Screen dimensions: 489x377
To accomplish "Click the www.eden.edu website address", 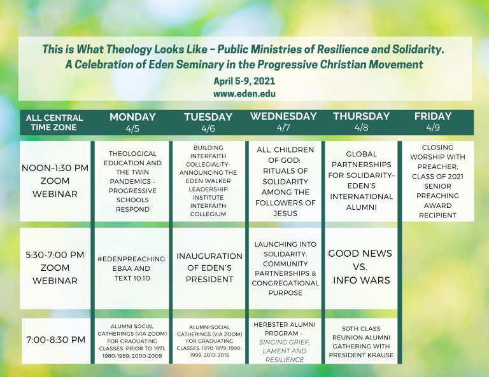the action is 244,93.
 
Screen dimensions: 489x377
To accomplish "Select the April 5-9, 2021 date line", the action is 244,81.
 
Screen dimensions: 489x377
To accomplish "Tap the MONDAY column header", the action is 132,117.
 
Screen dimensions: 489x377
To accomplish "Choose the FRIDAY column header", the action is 433,116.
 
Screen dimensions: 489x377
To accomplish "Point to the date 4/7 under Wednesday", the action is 283,128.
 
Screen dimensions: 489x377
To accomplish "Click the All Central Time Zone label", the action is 54,122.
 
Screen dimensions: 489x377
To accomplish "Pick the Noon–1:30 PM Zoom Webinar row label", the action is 55,181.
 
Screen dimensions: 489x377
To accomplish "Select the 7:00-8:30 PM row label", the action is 56,339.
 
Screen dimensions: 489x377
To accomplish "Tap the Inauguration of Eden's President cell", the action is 209,268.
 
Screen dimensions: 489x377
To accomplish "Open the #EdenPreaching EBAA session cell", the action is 132,268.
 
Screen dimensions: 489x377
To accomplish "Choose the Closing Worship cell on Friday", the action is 438,181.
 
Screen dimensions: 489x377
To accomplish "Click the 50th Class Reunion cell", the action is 361,341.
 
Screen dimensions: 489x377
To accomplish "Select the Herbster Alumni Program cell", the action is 285,341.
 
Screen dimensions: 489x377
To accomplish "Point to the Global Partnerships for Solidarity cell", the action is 361,181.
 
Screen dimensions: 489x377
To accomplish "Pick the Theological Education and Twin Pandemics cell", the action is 132,181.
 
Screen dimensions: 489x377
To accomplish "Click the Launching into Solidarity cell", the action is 285,268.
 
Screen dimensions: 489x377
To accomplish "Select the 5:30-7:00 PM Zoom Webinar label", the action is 55,268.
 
